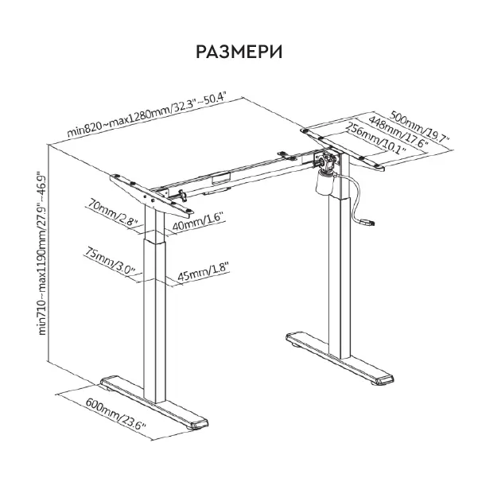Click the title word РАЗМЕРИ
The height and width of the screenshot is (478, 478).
click(x=239, y=52)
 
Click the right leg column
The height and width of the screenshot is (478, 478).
click(x=339, y=270)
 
